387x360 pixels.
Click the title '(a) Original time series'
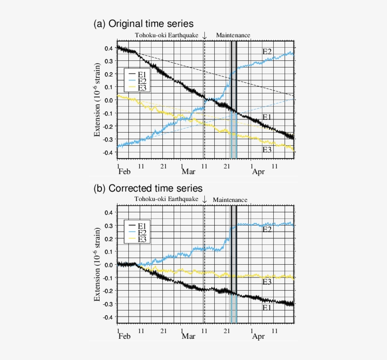coord(144,24)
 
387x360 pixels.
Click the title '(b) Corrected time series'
coord(149,188)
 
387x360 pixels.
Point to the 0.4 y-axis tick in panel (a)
coord(109,48)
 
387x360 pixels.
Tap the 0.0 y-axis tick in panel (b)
coord(109,265)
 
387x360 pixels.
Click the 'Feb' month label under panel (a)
coord(124,172)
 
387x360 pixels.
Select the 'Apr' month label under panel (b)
coord(258,336)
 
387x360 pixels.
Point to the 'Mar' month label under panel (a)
coord(188,172)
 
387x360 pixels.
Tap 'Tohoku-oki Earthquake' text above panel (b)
coord(166,200)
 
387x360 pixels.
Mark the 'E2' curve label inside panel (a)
coord(267,51)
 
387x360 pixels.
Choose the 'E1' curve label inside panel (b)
coord(267,307)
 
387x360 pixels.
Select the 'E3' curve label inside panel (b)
coord(267,282)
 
